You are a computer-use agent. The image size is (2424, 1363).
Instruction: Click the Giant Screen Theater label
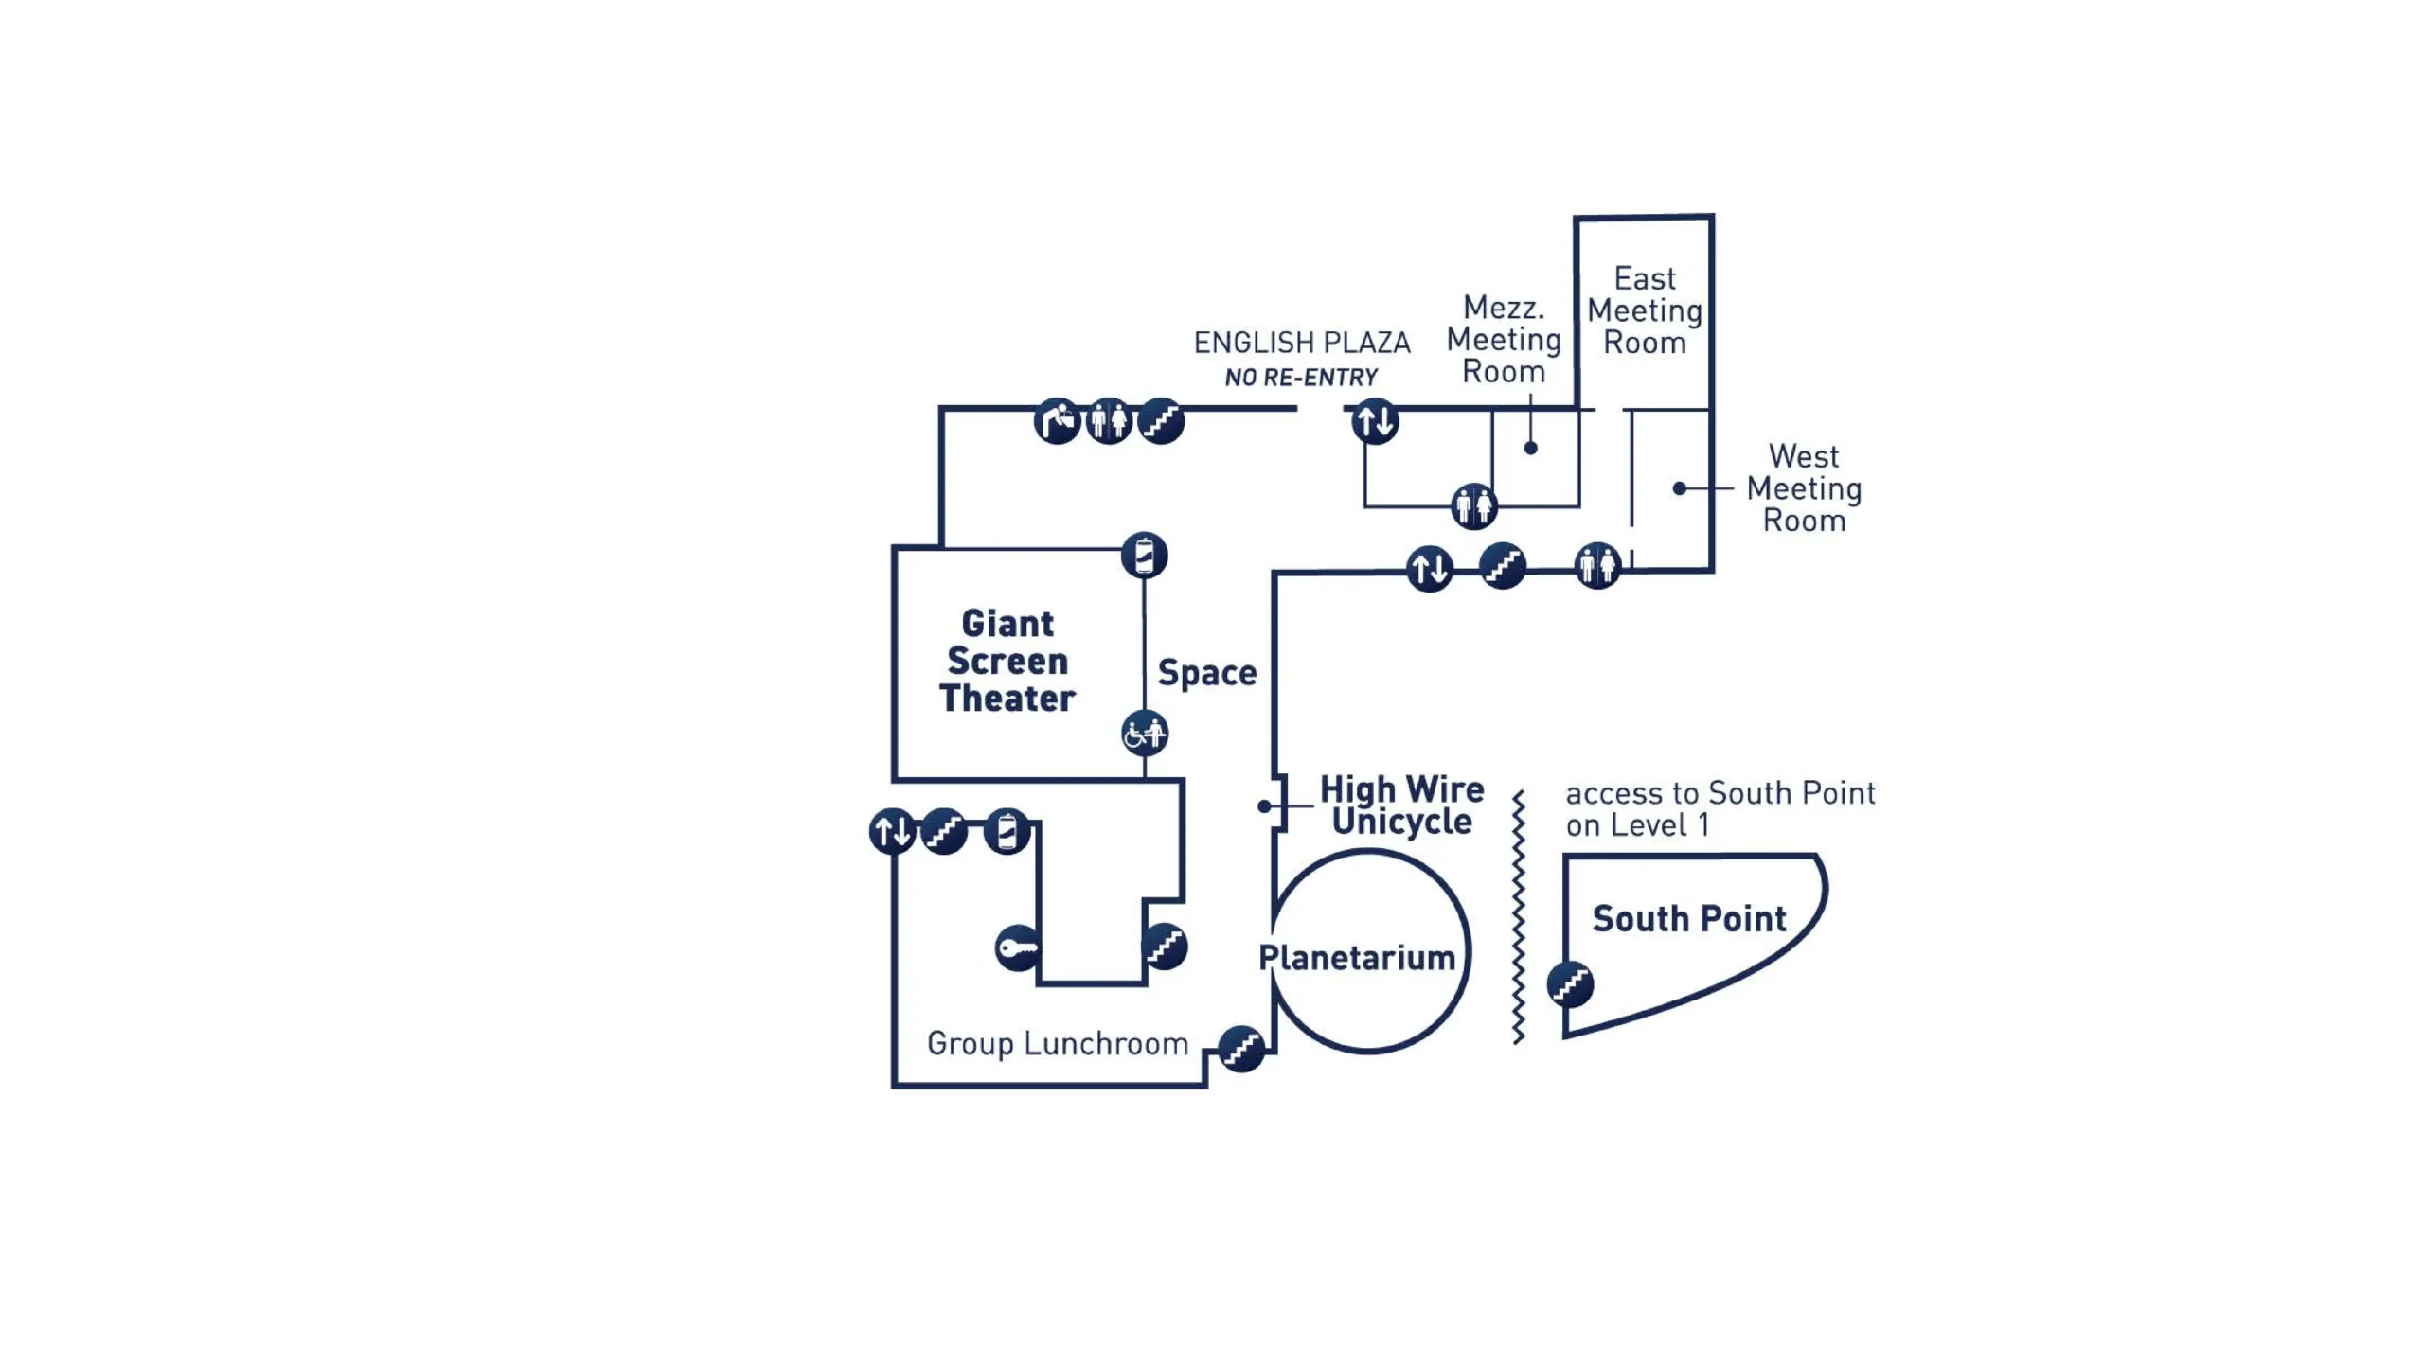1007,661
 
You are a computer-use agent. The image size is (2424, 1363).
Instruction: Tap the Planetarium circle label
1356,957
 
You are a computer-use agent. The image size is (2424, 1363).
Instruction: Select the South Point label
1688,918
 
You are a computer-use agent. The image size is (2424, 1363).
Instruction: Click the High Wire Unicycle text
1401,805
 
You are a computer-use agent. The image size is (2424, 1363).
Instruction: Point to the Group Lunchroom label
1057,1043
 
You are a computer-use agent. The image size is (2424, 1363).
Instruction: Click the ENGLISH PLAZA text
1301,342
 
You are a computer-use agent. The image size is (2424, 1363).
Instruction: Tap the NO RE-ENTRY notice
1301,378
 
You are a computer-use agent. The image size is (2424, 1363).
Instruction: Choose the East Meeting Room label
1645,310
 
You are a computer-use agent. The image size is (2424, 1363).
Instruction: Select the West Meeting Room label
1804,488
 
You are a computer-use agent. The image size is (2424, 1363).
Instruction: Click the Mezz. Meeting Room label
1504,339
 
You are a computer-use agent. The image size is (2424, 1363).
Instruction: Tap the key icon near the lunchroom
1018,947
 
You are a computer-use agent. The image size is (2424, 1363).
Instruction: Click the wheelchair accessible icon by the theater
1145,734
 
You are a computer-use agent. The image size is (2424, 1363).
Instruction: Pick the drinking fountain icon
1057,421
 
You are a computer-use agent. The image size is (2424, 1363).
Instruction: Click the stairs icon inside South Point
1570,984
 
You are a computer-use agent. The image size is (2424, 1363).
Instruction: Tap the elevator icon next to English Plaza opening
1375,421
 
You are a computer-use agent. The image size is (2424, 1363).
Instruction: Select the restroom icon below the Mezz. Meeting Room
1473,506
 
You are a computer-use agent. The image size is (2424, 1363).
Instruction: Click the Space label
1206,673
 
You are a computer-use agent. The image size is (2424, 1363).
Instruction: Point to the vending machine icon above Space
1144,556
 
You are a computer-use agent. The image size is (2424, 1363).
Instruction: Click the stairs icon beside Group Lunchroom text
1240,1049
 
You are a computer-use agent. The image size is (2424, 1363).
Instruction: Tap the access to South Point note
1719,808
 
